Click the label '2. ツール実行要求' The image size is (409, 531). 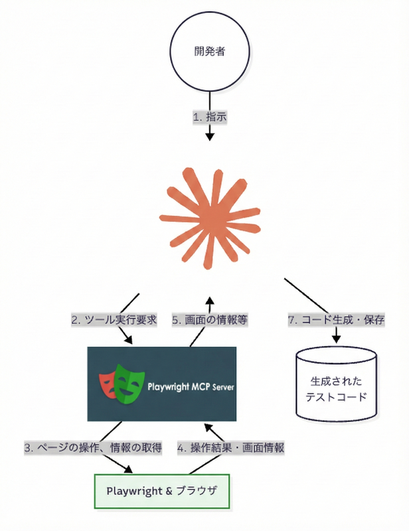[114, 319]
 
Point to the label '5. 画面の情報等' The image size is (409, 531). [210, 319]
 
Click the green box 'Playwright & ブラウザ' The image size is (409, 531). [163, 491]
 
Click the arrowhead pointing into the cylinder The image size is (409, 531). [336, 339]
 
